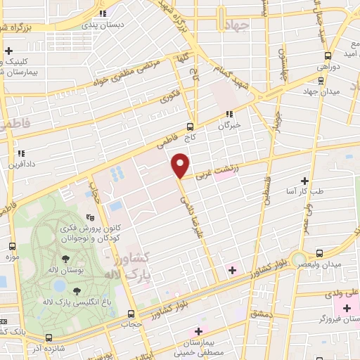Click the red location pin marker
coord(181,165)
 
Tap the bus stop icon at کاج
coord(190,127)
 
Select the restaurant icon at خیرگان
coord(229,113)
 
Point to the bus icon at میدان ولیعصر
coord(320,252)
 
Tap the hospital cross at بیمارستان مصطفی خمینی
coord(199,331)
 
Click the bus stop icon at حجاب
coord(131,314)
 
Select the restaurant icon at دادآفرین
coord(21,153)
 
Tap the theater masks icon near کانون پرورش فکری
coord(89,219)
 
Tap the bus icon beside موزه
coord(12,247)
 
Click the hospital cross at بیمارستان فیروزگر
coord(347,309)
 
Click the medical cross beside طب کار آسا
coord(304,180)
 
